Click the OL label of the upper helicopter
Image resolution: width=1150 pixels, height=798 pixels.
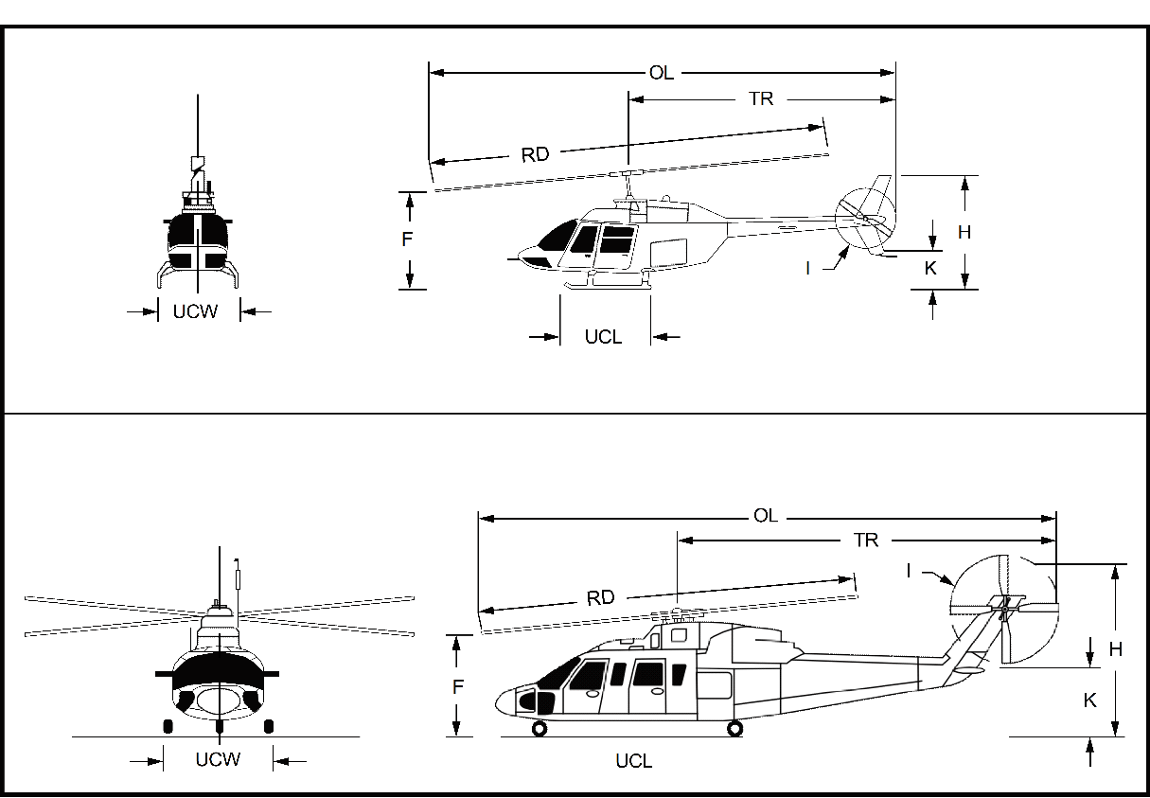[x=662, y=73]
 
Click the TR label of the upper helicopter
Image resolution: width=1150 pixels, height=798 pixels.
[x=761, y=98]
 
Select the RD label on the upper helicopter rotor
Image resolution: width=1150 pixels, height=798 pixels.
[x=535, y=154]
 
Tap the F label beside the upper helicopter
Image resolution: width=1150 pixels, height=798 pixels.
[x=407, y=239]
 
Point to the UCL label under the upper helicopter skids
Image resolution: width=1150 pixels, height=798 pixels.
[x=603, y=337]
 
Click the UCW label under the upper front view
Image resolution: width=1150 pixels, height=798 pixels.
[x=195, y=310]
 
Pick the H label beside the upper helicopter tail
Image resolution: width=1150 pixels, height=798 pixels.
[x=964, y=232]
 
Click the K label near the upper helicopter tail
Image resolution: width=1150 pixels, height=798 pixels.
[x=930, y=268]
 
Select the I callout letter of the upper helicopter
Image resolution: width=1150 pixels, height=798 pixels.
[x=807, y=268]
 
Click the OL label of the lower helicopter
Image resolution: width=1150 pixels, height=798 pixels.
[x=765, y=516]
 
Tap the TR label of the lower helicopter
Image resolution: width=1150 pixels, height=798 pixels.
[x=866, y=541]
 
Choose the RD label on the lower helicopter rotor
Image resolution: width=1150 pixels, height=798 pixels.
[x=600, y=597]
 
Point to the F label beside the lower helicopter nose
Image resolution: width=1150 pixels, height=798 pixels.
[x=457, y=687]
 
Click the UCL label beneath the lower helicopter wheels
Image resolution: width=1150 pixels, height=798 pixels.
[x=633, y=760]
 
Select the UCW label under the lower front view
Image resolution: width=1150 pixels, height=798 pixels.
[x=218, y=759]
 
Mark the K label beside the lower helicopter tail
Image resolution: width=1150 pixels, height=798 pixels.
[x=1090, y=700]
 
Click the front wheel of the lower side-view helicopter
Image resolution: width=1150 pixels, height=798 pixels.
[x=540, y=728]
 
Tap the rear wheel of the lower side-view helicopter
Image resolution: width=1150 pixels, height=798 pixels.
[x=735, y=728]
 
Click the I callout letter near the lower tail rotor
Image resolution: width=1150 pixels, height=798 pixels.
[x=909, y=570]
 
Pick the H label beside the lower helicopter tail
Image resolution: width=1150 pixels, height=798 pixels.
[x=1116, y=649]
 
